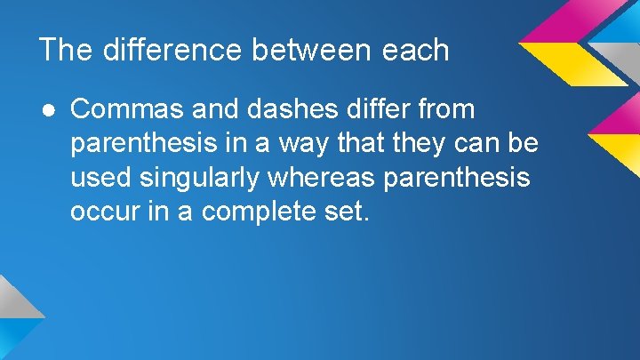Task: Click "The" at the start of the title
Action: [64, 50]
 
